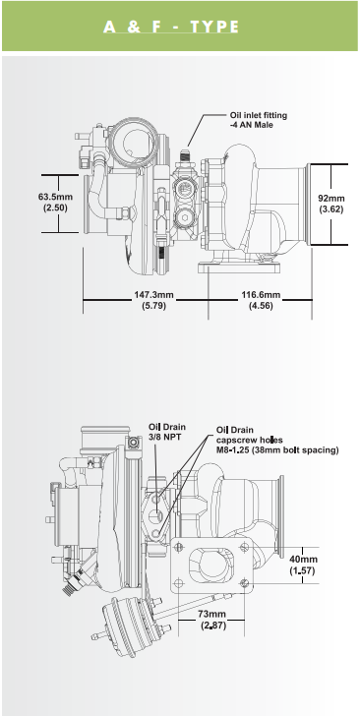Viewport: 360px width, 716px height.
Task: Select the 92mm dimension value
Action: tap(331, 196)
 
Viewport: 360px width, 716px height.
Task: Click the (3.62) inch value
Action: tap(331, 209)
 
